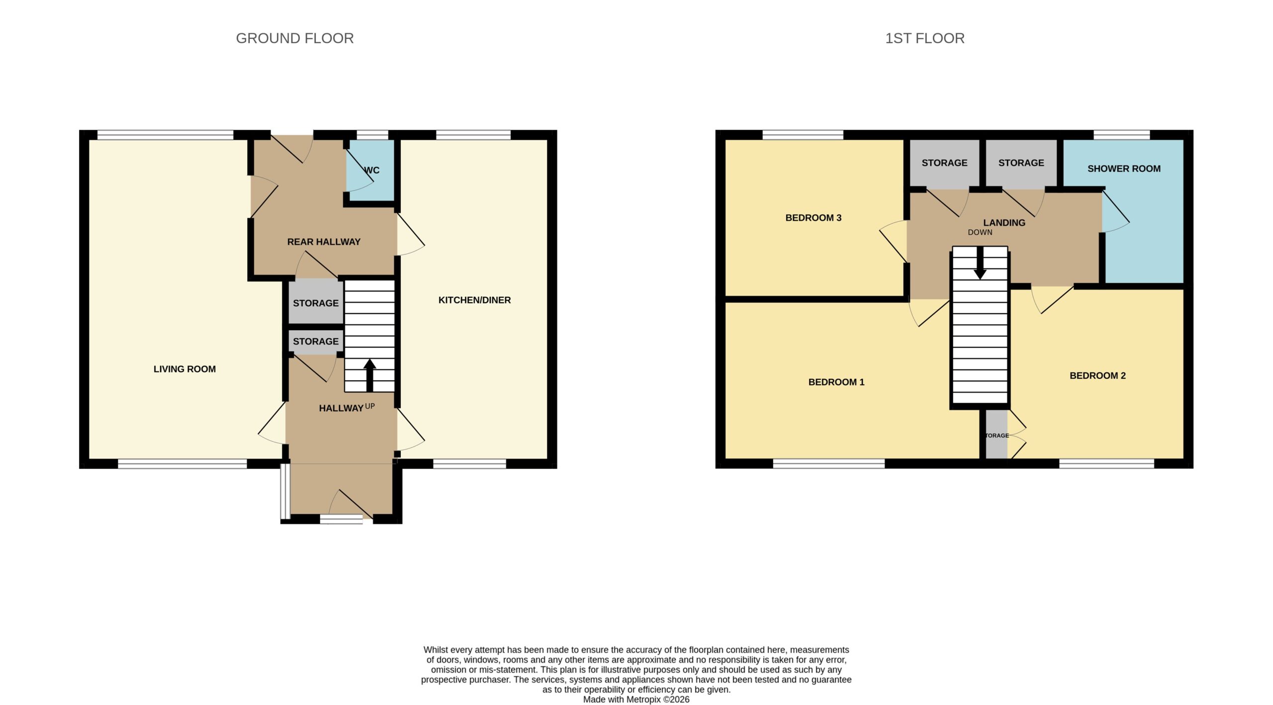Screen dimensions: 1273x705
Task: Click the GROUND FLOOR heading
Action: tap(294, 38)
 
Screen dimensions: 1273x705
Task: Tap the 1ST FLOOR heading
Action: tap(924, 38)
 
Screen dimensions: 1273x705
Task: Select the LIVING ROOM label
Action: tap(184, 369)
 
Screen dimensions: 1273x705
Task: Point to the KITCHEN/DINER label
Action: tap(474, 300)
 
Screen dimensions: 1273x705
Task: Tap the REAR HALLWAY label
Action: tap(324, 242)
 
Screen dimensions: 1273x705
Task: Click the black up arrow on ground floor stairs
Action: tap(369, 375)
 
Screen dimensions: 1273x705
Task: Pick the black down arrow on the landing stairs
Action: tap(980, 263)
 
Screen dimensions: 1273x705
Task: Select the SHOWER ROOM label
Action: tap(1124, 169)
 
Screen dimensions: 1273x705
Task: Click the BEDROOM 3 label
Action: tap(813, 218)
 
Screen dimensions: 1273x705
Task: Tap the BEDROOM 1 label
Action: tap(836, 382)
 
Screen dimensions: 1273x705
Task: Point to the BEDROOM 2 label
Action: tap(1097, 375)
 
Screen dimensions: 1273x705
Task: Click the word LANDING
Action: tap(1004, 223)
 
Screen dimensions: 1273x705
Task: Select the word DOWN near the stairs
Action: tap(980, 232)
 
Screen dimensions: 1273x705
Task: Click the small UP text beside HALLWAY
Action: tap(370, 406)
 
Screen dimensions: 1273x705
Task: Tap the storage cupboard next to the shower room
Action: tap(1021, 164)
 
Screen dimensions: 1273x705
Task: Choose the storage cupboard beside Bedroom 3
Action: tap(944, 164)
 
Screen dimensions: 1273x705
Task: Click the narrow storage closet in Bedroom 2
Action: tap(997, 434)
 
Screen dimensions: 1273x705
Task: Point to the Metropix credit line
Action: tap(636, 700)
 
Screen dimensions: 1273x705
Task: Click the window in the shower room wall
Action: tap(1122, 135)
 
